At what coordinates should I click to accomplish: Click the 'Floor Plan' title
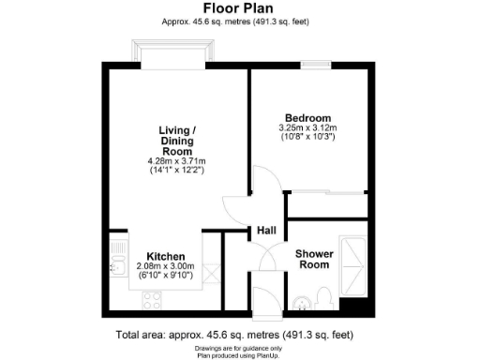239,7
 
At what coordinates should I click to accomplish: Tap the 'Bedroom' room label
307,117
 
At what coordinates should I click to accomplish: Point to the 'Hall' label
266,231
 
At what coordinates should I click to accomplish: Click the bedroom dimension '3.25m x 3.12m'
307,127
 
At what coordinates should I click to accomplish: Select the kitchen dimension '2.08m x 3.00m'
164,266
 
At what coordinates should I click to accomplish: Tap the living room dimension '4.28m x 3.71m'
176,161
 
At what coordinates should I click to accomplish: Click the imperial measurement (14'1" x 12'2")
176,171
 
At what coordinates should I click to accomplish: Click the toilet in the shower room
322,299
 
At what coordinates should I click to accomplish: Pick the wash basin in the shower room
301,302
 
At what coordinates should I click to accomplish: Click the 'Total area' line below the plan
239,335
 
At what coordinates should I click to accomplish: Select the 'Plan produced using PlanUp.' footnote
239,354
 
